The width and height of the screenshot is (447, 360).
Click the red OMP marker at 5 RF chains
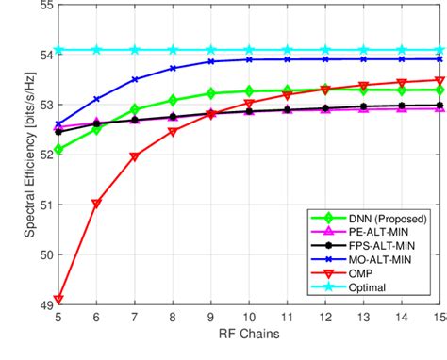click(58, 300)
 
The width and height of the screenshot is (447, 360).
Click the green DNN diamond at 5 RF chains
click(58, 149)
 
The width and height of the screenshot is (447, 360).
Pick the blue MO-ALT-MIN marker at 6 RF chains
click(96, 98)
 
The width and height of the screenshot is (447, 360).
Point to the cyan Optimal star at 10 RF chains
click(250, 49)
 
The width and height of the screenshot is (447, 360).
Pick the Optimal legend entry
click(369, 289)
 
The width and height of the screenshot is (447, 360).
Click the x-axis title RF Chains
click(250, 335)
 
